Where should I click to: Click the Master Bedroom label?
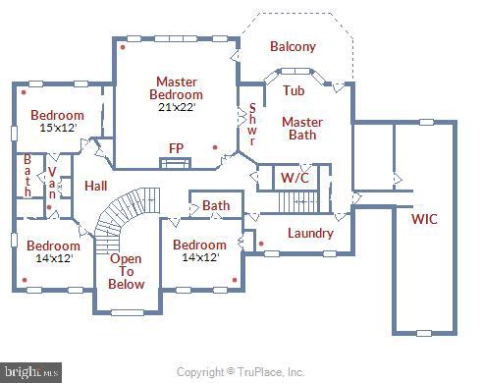point(176,87)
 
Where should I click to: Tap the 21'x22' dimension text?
point(176,107)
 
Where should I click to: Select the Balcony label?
point(293,46)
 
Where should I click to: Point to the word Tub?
point(293,90)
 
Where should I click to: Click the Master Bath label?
point(301,129)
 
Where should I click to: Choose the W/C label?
point(294,178)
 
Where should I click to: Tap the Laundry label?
point(309,233)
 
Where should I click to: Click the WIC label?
point(424,218)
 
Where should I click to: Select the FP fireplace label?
point(177,148)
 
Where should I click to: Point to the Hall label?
point(95,186)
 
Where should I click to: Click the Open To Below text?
point(126,272)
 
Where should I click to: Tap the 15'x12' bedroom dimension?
point(56,129)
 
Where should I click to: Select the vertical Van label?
point(52,181)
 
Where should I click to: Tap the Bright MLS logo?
point(31,372)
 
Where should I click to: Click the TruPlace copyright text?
point(240,372)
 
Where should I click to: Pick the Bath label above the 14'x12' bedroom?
point(215,205)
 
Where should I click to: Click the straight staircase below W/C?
point(297,202)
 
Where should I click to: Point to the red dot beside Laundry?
point(260,243)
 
